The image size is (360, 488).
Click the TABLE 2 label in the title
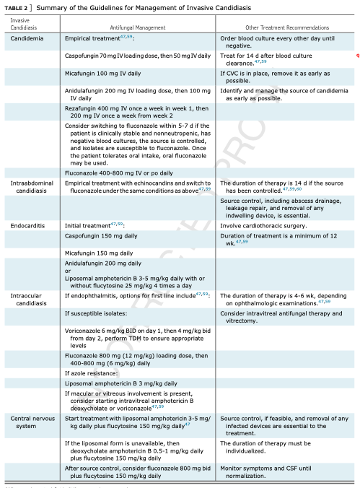[x=17, y=7]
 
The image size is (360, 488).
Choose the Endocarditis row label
[x=28, y=226]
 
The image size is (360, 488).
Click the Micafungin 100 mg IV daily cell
[x=104, y=73]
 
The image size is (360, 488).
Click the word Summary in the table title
[x=51, y=7]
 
